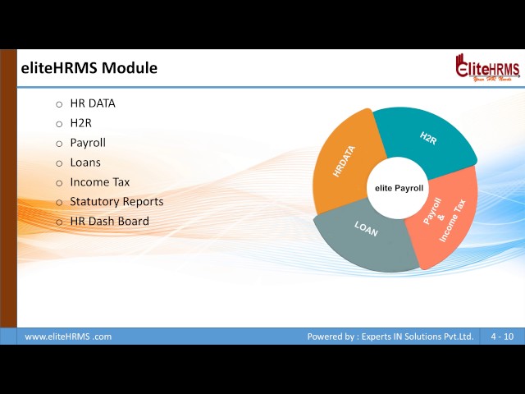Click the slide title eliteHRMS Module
pos(89,68)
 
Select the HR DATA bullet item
pos(93,103)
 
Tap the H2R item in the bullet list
pos(81,123)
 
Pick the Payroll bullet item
pos(88,143)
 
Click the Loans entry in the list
pos(85,163)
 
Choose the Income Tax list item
pos(100,182)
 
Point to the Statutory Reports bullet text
pos(116,202)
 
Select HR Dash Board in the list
pos(109,222)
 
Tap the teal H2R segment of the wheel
pos(427,140)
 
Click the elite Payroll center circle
pos(399,189)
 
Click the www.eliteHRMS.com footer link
pos(68,337)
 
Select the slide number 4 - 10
pos(502,337)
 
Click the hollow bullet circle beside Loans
pos(59,163)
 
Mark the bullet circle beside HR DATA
pos(59,104)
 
